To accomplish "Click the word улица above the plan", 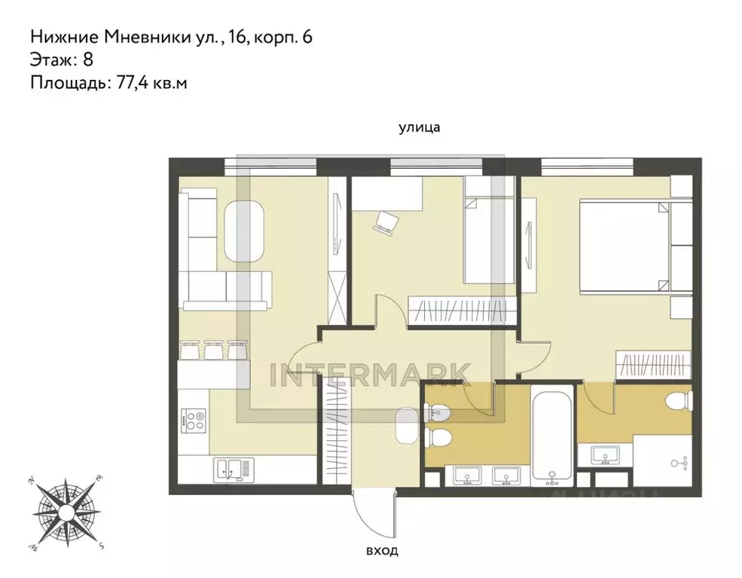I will point(419,128).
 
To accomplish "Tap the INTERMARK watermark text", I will point(371,373).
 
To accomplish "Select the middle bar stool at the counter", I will point(213,350).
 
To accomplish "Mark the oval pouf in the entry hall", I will point(406,427).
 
